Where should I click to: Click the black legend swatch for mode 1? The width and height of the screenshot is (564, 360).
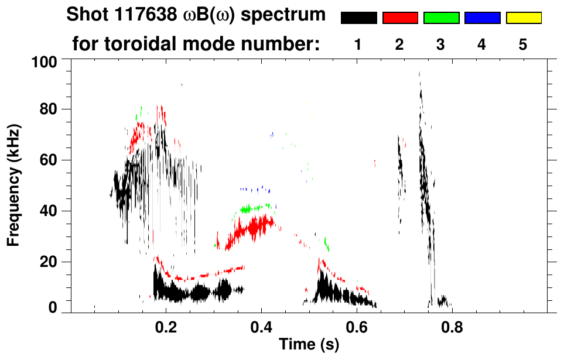358,18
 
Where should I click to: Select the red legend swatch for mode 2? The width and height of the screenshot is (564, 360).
400,18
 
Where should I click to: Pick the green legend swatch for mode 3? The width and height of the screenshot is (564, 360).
441,18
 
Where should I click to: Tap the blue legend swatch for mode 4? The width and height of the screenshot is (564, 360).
482,18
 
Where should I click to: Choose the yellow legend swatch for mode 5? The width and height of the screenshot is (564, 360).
524,18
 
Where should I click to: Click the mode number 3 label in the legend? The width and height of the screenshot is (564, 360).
441,44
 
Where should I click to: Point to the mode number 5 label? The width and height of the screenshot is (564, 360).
524,44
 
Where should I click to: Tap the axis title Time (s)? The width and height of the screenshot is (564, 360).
309,345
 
